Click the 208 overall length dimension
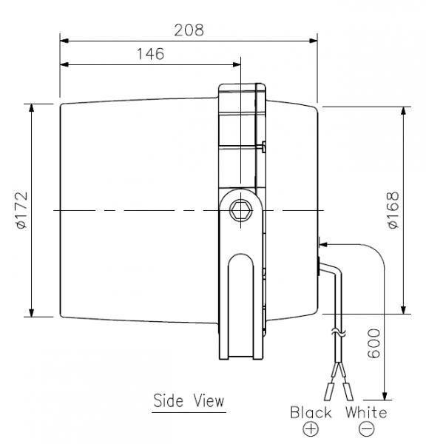tap(189, 30)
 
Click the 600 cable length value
tap(373, 344)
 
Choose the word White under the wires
tap(366, 412)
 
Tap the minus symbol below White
tap(366, 429)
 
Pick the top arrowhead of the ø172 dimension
tap(32, 108)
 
